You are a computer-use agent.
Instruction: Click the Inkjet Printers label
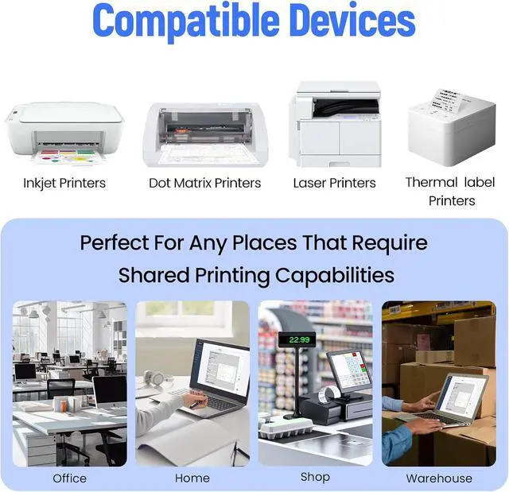[x=64, y=183]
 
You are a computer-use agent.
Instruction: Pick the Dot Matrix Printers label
[x=205, y=183]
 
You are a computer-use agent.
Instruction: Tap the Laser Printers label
[x=334, y=183]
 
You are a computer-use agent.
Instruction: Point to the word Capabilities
[x=335, y=275]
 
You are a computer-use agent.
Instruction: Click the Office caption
[x=69, y=478]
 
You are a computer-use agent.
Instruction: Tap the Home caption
[x=192, y=478]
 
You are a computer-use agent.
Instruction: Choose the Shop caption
[x=315, y=477]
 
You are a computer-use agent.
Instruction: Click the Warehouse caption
[x=439, y=478]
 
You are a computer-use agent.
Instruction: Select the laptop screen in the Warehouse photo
[x=461, y=395]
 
